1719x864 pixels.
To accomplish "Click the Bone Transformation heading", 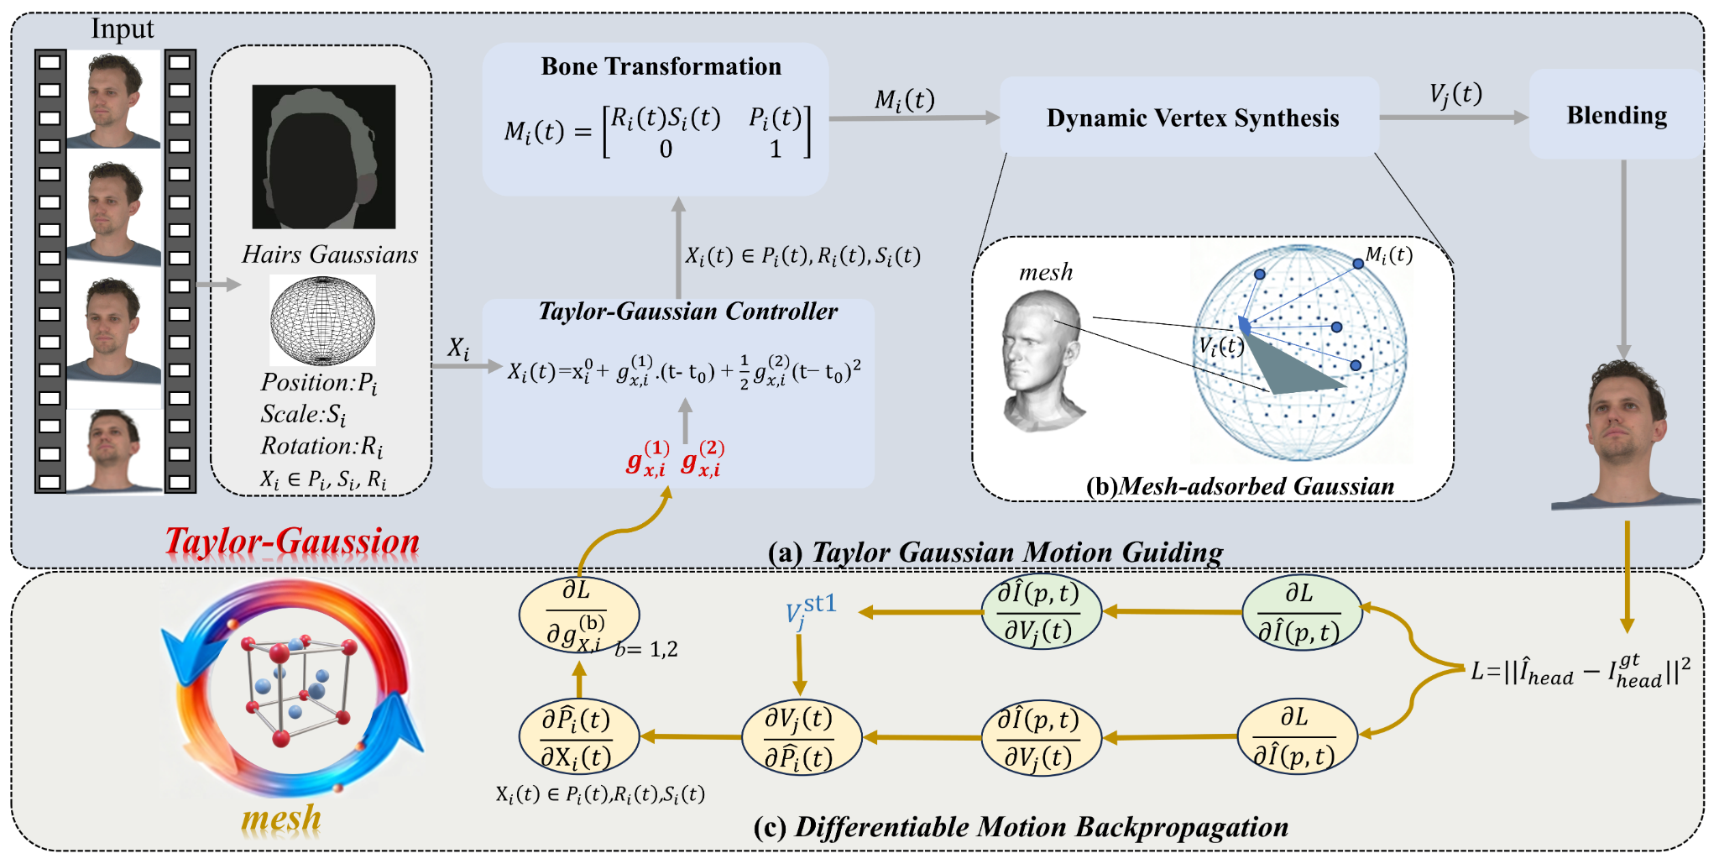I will coord(661,66).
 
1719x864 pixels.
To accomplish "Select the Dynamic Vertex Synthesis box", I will coord(1191,118).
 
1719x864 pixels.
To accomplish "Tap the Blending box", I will coord(1616,115).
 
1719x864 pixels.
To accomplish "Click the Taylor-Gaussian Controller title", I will coord(687,312).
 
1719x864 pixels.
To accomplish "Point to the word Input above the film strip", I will coord(123,29).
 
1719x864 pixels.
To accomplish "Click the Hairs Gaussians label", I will coord(329,254).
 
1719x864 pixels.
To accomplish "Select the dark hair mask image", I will coord(324,157).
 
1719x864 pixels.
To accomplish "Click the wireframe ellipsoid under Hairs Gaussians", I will coord(322,320).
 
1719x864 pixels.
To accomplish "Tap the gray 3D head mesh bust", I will coord(1040,361).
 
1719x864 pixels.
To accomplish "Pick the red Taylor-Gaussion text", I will coord(292,542).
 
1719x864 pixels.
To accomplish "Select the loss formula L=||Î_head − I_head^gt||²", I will coord(1580,672).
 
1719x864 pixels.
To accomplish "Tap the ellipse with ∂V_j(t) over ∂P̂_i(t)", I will coord(801,738).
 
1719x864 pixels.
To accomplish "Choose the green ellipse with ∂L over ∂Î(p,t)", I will coord(1300,613).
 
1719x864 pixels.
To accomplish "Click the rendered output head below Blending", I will coord(1625,437).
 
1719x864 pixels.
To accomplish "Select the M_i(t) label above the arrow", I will coord(904,100).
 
